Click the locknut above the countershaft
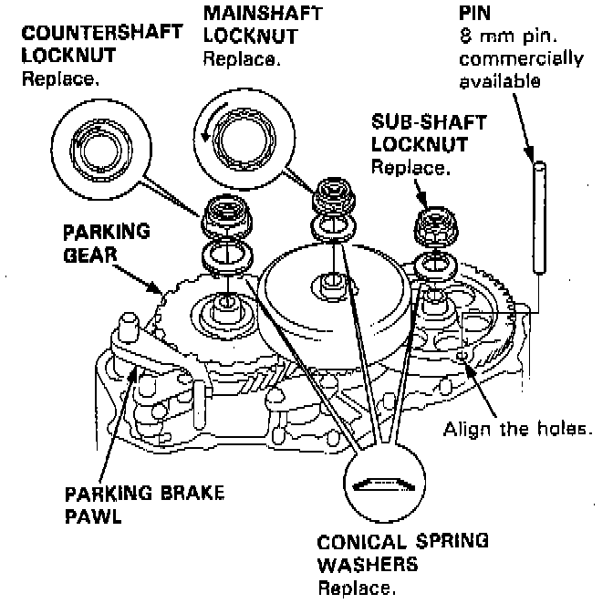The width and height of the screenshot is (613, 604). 222,216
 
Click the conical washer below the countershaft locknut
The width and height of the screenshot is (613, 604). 222,256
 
